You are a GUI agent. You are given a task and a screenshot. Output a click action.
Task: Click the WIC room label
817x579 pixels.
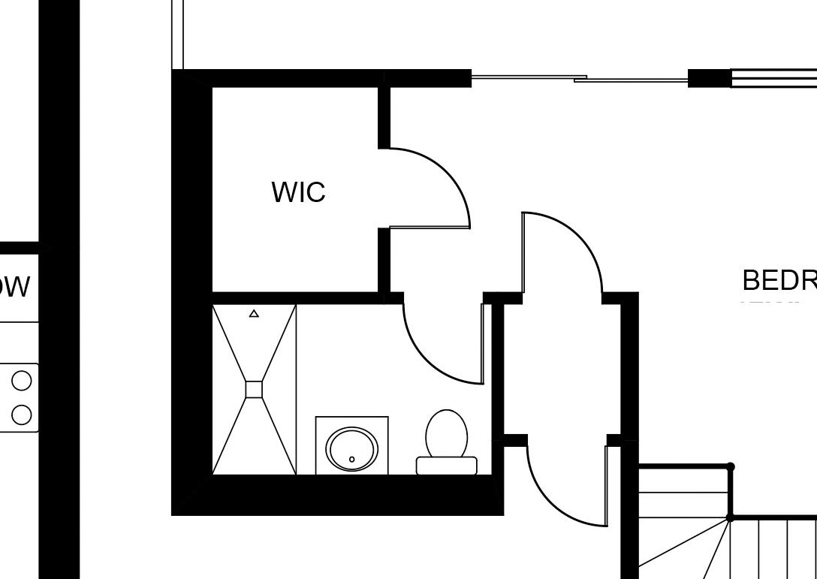[x=298, y=192]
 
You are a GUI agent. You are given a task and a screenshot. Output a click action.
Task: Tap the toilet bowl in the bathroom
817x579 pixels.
[x=447, y=434]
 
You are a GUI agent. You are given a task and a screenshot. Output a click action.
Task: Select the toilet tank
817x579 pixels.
[x=447, y=466]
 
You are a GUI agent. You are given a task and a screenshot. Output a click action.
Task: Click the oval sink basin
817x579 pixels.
[x=351, y=449]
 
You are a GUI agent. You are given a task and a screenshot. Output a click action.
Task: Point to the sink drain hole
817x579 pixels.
[x=351, y=459]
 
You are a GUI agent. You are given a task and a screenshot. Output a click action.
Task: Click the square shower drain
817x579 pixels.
[x=254, y=389]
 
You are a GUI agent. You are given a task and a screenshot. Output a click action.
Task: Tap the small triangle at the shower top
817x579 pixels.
[x=254, y=314]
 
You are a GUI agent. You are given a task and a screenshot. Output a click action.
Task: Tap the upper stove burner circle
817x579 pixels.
[x=22, y=381]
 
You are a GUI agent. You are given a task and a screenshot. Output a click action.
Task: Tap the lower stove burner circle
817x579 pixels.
[x=22, y=415]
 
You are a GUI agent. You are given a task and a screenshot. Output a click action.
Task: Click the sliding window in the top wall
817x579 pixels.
[x=579, y=77]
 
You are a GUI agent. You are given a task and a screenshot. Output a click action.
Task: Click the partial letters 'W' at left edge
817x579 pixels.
[x=15, y=287]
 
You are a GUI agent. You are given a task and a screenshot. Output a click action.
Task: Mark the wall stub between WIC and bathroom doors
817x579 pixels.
[x=384, y=263]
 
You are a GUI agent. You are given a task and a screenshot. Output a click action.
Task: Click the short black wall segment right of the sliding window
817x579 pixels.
[x=709, y=78]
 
